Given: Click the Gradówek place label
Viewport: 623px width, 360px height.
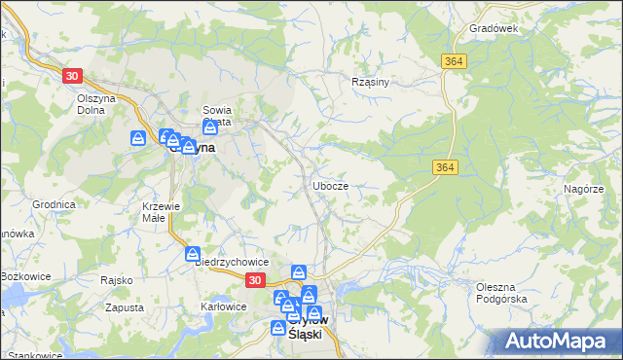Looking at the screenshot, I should tap(494, 29).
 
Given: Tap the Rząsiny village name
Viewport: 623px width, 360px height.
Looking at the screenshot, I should tap(370, 82).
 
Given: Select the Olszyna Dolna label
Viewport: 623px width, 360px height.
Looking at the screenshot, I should tap(97, 104).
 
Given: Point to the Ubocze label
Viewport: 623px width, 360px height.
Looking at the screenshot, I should tap(331, 185).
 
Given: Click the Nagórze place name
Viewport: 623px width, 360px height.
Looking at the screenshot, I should tap(584, 189).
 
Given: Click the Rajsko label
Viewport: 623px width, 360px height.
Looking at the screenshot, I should tap(116, 280).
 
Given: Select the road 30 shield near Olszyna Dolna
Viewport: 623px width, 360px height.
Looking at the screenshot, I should tap(72, 76).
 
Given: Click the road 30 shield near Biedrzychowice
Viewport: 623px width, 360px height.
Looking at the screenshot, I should tap(254, 280).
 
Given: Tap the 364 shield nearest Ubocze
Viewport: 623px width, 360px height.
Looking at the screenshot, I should tap(441, 168).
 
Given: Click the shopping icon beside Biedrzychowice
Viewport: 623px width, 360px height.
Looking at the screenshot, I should tap(195, 254).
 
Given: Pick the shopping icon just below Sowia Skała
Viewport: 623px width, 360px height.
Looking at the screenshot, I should tap(210, 128).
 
